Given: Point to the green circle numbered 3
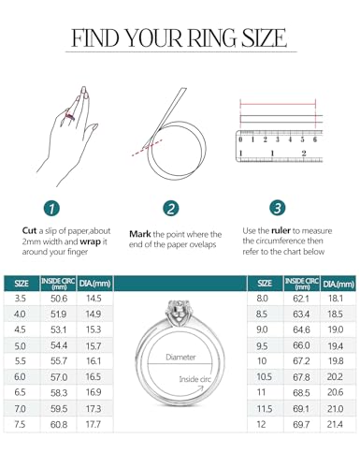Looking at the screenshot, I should click(x=277, y=208).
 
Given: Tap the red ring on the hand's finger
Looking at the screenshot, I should click(x=66, y=139).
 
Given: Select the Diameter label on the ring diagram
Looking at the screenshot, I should click(x=180, y=358).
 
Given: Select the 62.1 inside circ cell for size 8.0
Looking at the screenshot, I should click(x=300, y=298).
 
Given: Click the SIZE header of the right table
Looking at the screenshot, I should click(x=265, y=283).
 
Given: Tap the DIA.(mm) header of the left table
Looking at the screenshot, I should click(x=94, y=283).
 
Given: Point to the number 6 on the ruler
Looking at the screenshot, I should click(x=314, y=139).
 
